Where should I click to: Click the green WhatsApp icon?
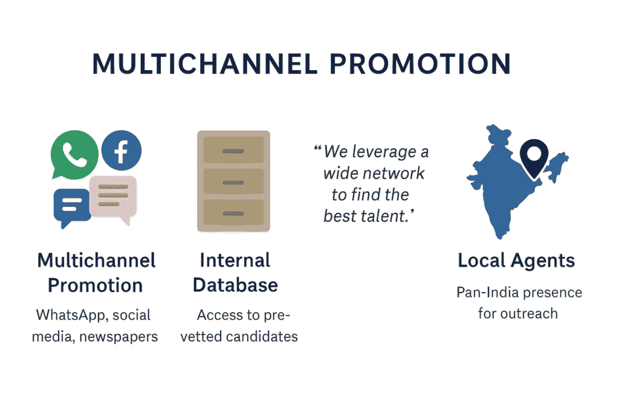[x=74, y=154]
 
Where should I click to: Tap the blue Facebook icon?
[x=122, y=150]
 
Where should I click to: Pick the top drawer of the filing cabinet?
[x=233, y=150]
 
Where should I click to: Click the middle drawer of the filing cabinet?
[x=233, y=181]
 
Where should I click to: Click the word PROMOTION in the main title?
[x=420, y=64]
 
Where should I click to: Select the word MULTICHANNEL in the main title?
[x=205, y=64]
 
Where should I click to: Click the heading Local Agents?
[x=516, y=261]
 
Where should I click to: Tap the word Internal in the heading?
[x=235, y=261]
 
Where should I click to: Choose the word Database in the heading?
[x=235, y=285]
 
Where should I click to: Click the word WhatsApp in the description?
[x=72, y=316]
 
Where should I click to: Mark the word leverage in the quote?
[x=384, y=152]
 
